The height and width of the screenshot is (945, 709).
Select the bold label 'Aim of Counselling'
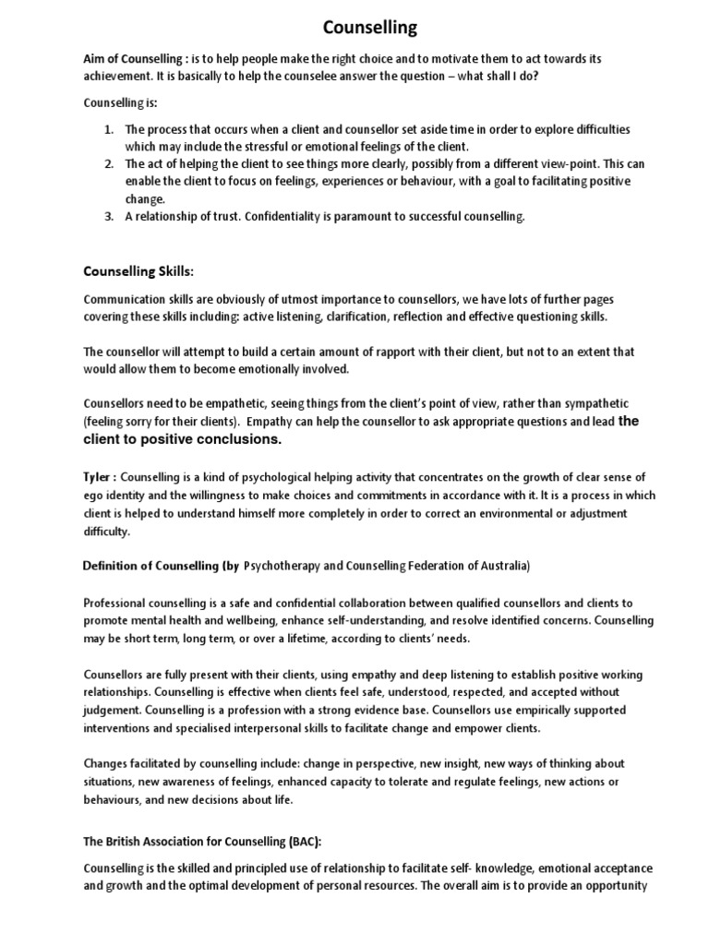coord(134,59)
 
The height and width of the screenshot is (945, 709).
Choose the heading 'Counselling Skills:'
coord(139,271)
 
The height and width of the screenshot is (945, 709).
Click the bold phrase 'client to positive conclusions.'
coord(182,439)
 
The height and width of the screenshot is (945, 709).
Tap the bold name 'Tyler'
coord(99,476)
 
